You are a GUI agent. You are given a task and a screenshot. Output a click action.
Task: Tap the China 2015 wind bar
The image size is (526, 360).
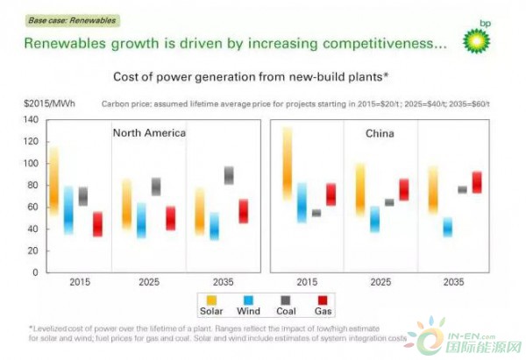point(302,202)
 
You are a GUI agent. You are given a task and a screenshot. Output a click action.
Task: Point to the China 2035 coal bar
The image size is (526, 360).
point(462,189)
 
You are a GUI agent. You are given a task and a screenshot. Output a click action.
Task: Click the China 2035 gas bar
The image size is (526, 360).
point(477,182)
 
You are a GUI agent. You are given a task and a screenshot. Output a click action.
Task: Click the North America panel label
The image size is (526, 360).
point(149,133)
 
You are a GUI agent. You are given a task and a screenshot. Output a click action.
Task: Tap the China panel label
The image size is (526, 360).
point(380,134)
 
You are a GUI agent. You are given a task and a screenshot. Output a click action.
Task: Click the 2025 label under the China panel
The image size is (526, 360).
point(380,284)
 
